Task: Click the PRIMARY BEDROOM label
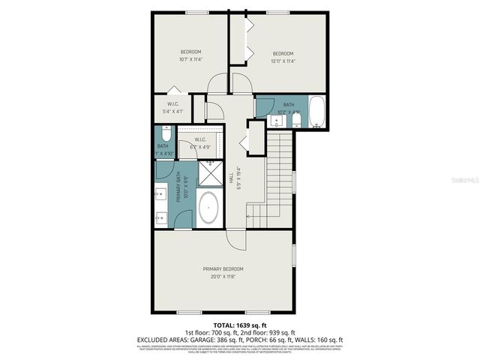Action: (223, 268)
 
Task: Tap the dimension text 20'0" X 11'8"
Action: (223, 277)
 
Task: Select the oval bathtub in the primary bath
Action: (208, 208)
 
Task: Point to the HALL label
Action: (230, 178)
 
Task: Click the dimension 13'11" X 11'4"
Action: (282, 61)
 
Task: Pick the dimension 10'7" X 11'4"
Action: (191, 59)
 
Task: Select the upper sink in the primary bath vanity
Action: (160, 196)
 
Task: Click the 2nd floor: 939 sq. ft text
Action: (268, 332)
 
